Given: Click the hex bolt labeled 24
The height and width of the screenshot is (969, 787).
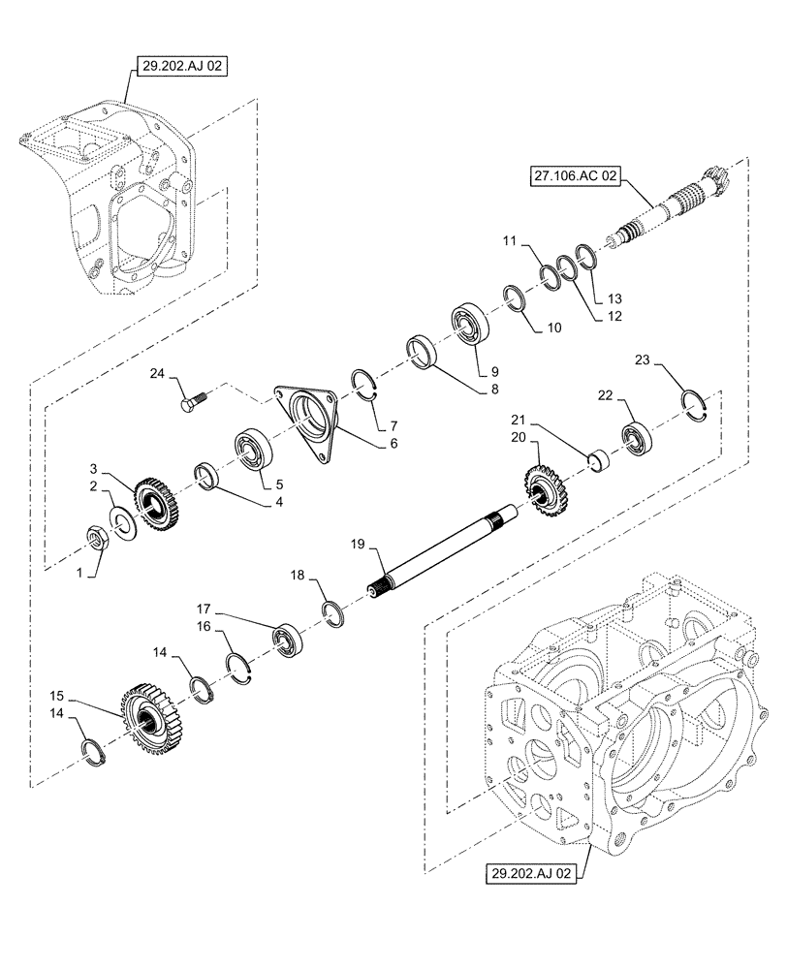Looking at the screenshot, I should [x=191, y=399].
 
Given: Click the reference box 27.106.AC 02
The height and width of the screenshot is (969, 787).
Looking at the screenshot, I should [x=576, y=177].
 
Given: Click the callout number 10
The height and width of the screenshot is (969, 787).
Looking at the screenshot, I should [x=553, y=327].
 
